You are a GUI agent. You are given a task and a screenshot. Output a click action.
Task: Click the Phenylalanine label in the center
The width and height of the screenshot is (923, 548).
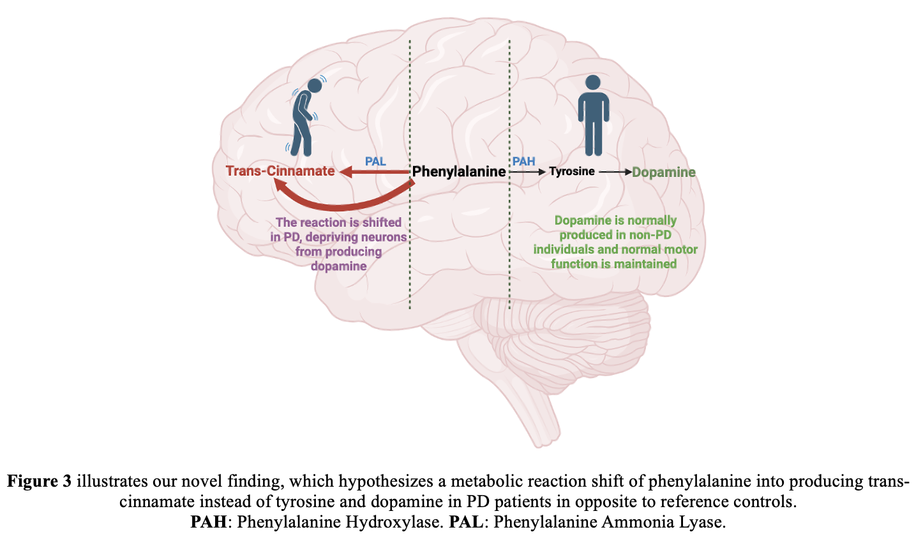coord(458,172)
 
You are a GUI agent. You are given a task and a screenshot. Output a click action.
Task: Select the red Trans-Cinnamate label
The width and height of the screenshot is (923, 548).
coord(280,171)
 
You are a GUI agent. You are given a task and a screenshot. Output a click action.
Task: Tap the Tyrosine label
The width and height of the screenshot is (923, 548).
coord(571,171)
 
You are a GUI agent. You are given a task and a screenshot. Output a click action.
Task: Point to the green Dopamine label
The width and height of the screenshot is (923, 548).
coord(664,172)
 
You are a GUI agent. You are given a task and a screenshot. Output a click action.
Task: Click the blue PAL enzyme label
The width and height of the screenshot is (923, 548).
coord(375,162)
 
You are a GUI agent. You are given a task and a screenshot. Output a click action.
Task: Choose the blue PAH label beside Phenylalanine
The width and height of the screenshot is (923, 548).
coord(523,162)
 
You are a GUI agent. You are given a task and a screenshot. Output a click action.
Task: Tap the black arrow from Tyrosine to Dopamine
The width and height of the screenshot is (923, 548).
coord(615,172)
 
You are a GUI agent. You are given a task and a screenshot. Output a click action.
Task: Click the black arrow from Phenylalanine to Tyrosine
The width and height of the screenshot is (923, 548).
coord(527,172)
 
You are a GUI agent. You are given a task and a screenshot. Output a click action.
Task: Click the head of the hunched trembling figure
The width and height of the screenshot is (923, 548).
coord(315,86)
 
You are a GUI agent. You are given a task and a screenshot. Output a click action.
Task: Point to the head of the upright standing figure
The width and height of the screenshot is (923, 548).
coord(593,83)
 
